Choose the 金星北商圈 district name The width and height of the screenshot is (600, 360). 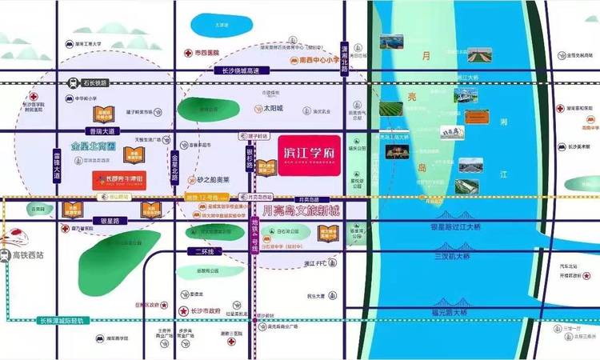pyautogui.click(x=94, y=147)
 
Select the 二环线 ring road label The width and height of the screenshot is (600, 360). pyautogui.click(x=205, y=251)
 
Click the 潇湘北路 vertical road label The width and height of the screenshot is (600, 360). pyautogui.click(x=345, y=58)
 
